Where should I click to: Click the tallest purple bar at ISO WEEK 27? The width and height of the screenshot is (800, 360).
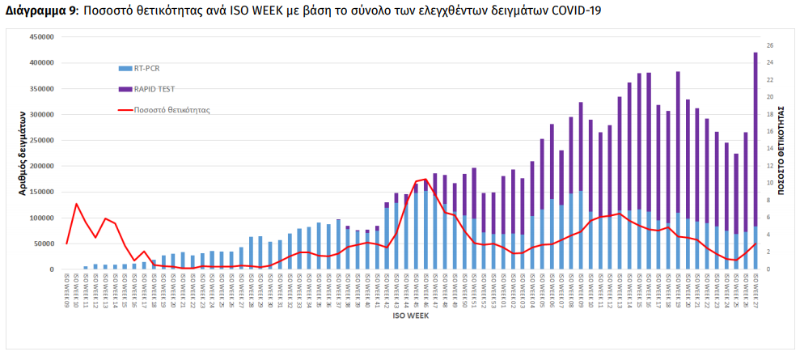[x=756, y=138]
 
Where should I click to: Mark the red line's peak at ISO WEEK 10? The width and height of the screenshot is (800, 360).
[x=76, y=204]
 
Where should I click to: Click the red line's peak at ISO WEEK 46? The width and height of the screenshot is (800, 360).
[x=425, y=179]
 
